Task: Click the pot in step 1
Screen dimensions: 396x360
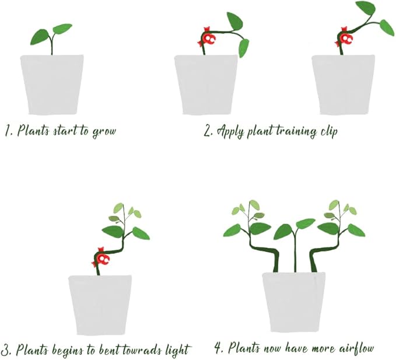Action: coord(52,85)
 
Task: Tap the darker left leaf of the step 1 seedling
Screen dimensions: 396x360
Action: coord(40,37)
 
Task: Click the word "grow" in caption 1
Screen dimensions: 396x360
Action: coord(104,132)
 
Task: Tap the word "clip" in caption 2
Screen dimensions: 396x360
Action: coord(328,131)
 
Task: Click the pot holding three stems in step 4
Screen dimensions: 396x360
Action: coord(293,302)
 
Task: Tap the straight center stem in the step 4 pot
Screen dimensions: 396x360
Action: coord(295,251)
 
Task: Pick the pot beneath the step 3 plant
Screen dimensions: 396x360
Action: coord(100,305)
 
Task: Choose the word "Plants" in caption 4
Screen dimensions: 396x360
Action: coord(244,348)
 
